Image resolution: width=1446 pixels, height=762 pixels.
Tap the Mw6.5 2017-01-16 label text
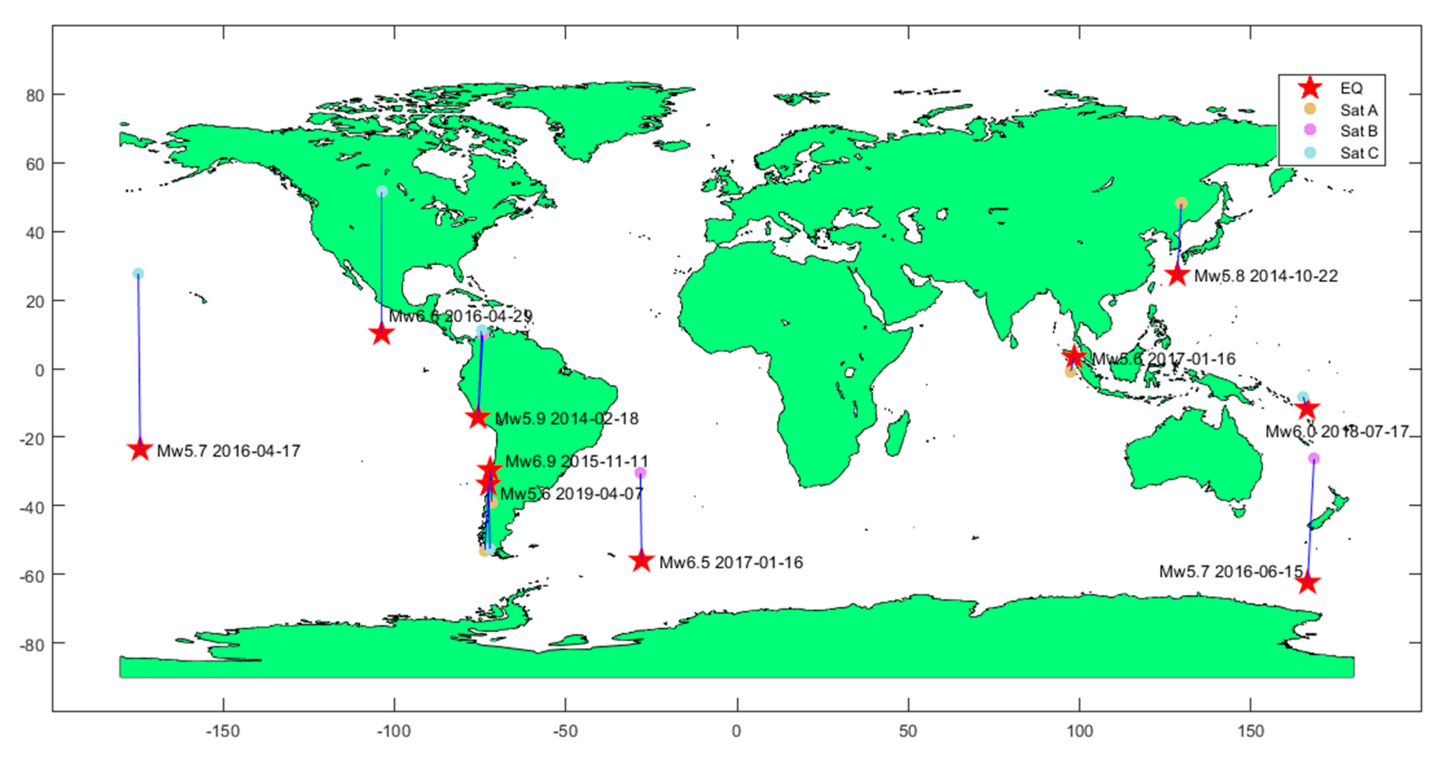[x=731, y=562]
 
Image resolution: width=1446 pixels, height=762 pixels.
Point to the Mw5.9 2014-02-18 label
[x=566, y=418]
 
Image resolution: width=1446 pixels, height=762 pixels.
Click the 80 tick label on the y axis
[x=35, y=95]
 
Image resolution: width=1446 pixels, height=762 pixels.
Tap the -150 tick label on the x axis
[x=223, y=731]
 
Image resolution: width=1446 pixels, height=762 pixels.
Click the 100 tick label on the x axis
[x=1079, y=731]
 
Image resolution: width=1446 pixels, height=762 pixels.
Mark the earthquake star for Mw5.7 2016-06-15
[x=1308, y=583]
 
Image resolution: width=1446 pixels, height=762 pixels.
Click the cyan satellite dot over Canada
[x=382, y=191]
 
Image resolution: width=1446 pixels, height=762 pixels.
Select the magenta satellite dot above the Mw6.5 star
[x=640, y=473]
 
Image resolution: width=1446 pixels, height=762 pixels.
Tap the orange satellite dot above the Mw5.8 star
[x=1181, y=203]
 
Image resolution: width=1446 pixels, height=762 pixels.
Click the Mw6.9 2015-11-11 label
[x=576, y=461]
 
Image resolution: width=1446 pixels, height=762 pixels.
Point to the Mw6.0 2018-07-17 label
[x=1336, y=431]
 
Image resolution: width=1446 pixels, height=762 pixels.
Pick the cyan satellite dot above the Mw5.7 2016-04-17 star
[x=138, y=273]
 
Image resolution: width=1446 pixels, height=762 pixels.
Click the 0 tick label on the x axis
[x=737, y=731]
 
